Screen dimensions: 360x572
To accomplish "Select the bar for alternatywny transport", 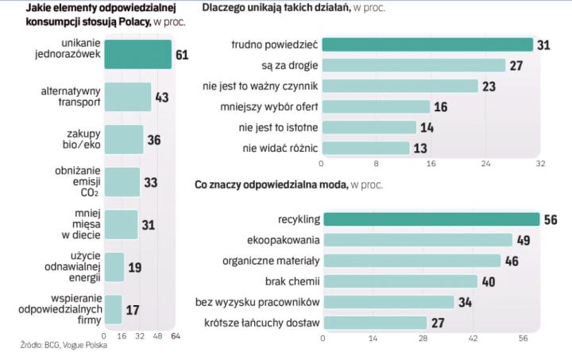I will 128,97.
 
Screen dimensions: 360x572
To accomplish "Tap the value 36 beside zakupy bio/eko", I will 155,140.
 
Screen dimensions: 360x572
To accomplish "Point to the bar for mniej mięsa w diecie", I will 121,225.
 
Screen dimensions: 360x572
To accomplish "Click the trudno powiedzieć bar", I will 427,45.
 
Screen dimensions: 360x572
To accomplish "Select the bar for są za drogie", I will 413,65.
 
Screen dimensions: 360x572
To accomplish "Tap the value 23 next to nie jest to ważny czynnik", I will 489,86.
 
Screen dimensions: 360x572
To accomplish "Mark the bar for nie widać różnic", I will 365,147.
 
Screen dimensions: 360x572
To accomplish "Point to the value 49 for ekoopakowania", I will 524,240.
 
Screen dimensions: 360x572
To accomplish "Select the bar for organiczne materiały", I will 412,261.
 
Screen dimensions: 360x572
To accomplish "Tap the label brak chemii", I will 292,281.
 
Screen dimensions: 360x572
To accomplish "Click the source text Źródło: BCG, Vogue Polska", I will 59,344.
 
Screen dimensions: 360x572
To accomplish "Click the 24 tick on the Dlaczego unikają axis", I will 485,165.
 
